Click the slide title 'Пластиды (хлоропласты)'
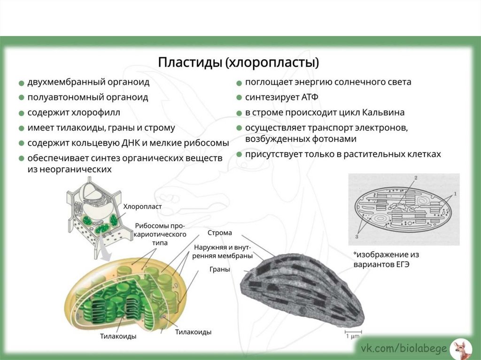(238, 62)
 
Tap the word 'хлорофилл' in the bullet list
(96, 113)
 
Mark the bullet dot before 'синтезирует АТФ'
(239, 98)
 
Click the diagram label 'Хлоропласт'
(142, 207)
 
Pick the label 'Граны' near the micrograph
(219, 270)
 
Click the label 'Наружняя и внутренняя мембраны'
(222, 252)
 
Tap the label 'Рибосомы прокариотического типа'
(161, 234)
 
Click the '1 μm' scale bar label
(353, 337)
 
